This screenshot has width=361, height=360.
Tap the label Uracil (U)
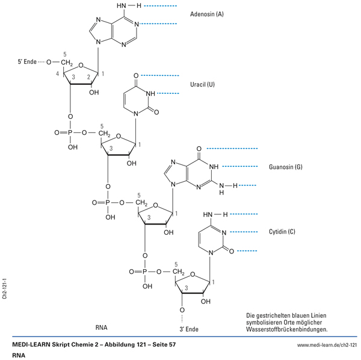pos(202,84)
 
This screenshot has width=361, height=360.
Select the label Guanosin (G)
pos(286,166)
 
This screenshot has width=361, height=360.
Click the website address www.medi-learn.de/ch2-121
pos(327,344)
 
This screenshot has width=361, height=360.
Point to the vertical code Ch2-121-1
pos(5,289)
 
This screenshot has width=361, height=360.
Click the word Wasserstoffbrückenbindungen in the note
pos(287,329)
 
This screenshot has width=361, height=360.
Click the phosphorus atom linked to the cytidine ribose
pos(144,272)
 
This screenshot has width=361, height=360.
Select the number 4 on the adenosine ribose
pos(58,73)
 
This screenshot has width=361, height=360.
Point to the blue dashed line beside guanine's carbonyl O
pos(232,148)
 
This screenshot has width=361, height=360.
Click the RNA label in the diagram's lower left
pos(101,328)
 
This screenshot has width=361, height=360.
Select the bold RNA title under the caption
pos(20,355)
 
